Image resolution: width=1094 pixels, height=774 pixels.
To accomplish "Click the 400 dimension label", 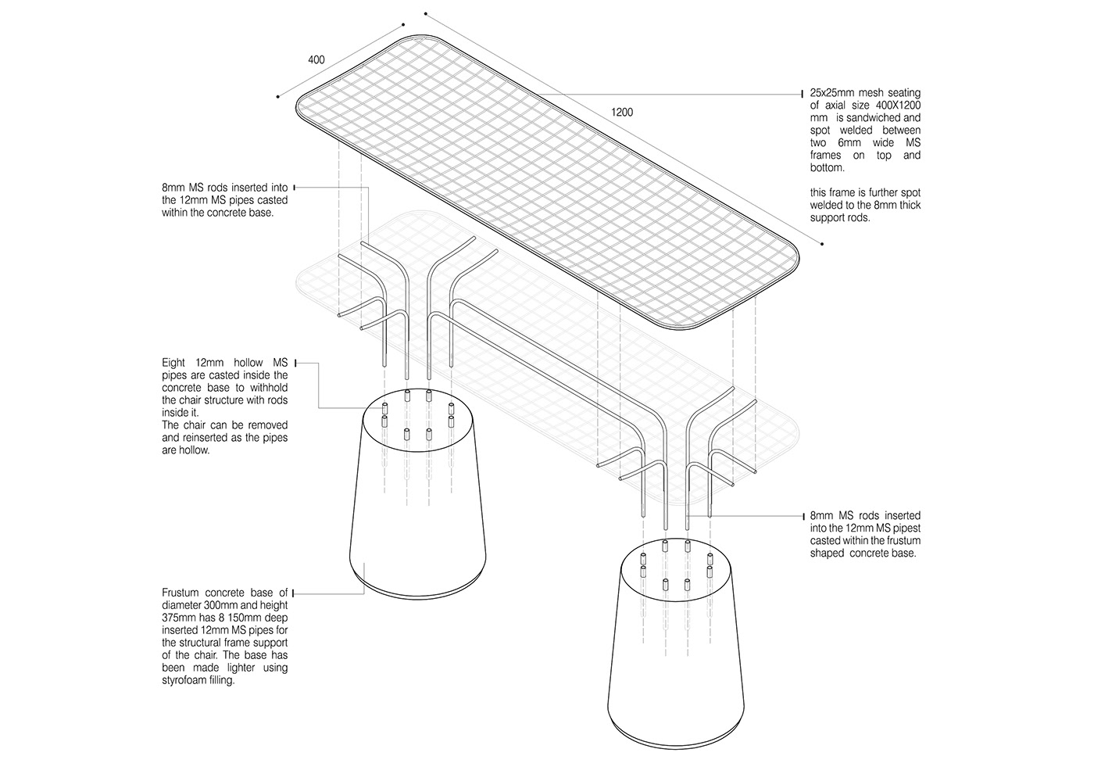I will click(x=316, y=60).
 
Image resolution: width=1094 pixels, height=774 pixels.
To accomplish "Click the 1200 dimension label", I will click(x=622, y=113).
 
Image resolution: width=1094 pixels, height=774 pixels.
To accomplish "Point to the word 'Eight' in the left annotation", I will click(x=174, y=363).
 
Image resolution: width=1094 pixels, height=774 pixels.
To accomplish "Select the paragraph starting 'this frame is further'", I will click(x=865, y=205).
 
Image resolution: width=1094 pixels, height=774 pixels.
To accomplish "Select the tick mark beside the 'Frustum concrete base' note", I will click(x=295, y=593).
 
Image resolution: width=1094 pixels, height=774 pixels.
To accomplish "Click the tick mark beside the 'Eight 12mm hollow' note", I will click(x=295, y=363).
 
